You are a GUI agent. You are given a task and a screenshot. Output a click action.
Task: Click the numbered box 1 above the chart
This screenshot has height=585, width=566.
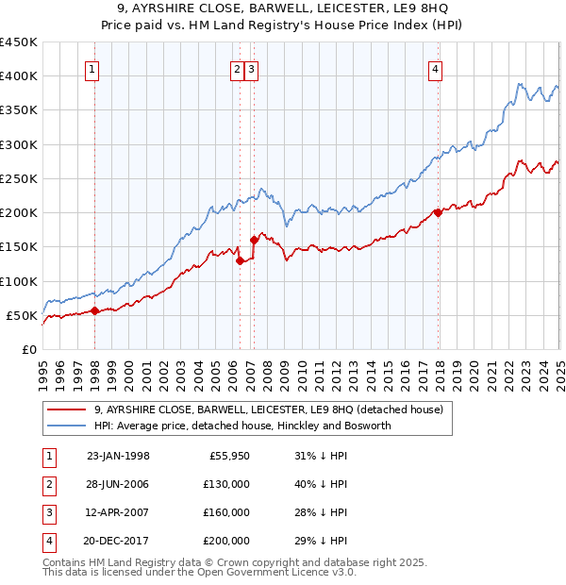pos(92,67)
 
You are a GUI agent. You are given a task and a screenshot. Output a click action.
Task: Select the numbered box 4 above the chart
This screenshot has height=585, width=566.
pos(436,67)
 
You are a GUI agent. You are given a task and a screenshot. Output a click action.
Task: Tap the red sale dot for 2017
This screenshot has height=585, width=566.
pos(438,212)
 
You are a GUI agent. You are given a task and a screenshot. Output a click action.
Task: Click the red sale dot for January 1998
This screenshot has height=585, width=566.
pos(95,310)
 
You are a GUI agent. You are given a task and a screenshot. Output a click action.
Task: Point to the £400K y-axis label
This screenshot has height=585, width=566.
pos(18,76)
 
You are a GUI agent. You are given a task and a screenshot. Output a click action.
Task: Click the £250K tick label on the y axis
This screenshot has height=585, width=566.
pos(18,178)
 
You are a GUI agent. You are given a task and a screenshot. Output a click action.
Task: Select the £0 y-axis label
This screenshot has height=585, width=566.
pos(28,349)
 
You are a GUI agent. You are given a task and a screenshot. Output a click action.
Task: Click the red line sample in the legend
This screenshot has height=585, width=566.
pos(67,409)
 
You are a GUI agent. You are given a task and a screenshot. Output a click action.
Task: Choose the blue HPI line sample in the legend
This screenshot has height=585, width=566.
pos(67,426)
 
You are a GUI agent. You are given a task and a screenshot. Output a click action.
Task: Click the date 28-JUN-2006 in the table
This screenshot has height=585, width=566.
pos(118,484)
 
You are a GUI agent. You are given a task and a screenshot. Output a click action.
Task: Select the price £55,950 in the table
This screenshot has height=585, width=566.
pos(226,456)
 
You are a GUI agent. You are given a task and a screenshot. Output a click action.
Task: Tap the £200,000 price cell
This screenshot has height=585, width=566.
pos(226,541)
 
